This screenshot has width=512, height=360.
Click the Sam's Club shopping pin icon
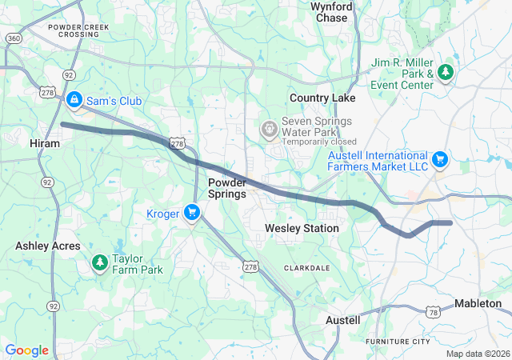tap(74, 99)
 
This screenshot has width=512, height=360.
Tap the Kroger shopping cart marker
tap(191, 213)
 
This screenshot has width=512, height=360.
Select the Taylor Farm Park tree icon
tap(99, 262)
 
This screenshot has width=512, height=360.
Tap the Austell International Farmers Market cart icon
tap(439, 160)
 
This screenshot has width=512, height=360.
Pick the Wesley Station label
tap(302, 229)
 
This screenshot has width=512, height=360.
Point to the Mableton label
tap(478, 303)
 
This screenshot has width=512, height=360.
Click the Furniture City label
tap(398, 342)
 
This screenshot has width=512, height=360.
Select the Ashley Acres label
tap(48, 246)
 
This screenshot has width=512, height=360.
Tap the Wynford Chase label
tap(331, 12)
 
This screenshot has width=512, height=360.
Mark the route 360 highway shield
tap(14, 38)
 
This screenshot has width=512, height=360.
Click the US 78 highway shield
tap(433, 310)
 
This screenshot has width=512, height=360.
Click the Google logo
tap(26, 350)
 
